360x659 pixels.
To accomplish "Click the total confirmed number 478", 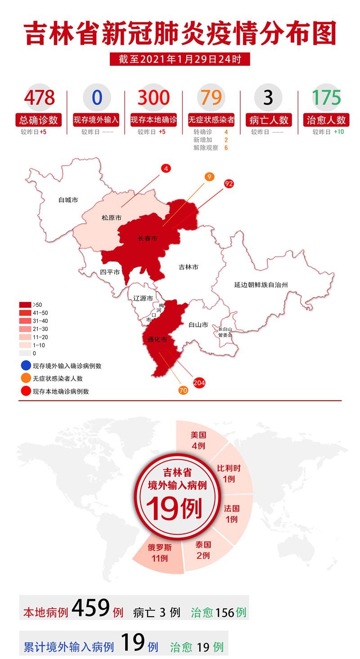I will pos(40,97).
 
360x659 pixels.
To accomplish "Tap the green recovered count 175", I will pos(326,97).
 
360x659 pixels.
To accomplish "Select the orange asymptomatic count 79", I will pos(211,97).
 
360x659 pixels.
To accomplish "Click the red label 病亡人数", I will pos(269,120).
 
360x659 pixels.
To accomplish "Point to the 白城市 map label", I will pos(68,199).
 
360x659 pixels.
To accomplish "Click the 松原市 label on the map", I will pos(111,217).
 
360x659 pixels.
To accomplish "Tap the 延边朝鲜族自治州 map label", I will pos(261,284).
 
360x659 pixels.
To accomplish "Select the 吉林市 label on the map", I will pos(189,267).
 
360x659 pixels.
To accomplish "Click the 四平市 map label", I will pos(110,272).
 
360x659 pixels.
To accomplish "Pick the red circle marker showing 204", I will pos(199,383).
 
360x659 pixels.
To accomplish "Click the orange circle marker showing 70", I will pos(183,390).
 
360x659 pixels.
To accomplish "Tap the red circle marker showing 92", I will pos(229,183).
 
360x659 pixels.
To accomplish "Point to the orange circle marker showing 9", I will pos(209,176).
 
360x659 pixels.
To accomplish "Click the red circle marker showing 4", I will pos(166,168).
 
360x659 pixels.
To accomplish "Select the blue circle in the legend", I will pos(26,366).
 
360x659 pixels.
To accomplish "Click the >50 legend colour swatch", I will pos(25,305).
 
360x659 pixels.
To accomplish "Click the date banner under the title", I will pos(180,59).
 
